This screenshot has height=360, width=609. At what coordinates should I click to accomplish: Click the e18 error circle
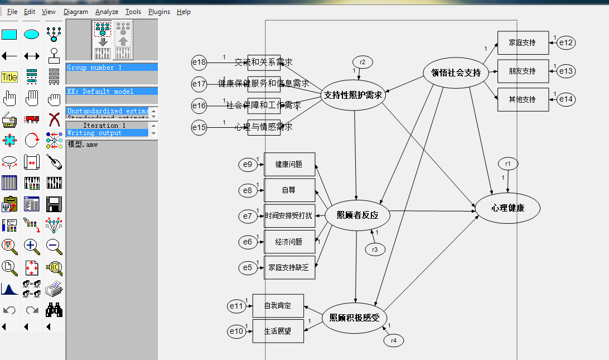pos(199,63)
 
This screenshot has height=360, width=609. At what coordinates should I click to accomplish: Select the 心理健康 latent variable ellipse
pos(507,208)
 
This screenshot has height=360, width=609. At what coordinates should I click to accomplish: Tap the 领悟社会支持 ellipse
pos(456,72)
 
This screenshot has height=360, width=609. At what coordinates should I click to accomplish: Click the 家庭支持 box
pos(523,43)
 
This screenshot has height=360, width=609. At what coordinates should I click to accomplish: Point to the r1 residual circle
pos(507,164)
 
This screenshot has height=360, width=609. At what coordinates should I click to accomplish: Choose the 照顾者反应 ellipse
pos(357,215)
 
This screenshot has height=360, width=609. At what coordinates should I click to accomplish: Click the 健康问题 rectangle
pos(289,165)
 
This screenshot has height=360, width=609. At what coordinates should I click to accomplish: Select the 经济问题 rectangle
pos(289,242)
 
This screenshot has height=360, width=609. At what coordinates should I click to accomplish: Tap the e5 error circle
pos(248,268)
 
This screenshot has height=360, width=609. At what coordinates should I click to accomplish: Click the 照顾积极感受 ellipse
pos(354,318)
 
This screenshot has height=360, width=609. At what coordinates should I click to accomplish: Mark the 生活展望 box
pos(278,332)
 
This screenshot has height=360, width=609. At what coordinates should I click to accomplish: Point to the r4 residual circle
pos(393,340)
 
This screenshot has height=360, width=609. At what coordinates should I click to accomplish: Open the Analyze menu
pos(106,12)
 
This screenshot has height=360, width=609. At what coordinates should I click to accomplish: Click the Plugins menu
pos(159,12)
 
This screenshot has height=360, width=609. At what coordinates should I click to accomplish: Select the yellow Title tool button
pos(9,78)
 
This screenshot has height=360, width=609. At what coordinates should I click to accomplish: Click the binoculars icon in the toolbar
pos(54,310)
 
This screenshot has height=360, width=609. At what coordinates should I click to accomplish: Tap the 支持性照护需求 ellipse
pos(354,95)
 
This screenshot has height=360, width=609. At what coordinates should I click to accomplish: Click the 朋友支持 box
pos(523,71)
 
